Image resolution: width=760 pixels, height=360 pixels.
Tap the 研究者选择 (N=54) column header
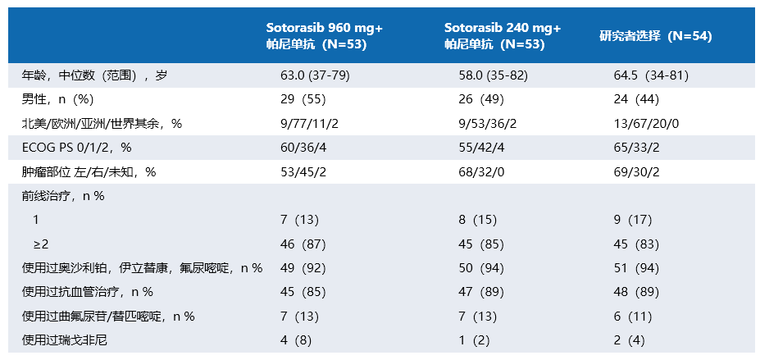[655, 36]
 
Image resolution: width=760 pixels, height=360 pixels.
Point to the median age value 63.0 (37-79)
[316, 75]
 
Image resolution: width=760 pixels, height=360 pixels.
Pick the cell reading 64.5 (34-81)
[651, 75]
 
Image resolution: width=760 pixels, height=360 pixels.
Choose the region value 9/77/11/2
[307, 124]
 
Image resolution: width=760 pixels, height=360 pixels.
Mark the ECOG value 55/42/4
[482, 148]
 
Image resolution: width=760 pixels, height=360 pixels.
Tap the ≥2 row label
[42, 244]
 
